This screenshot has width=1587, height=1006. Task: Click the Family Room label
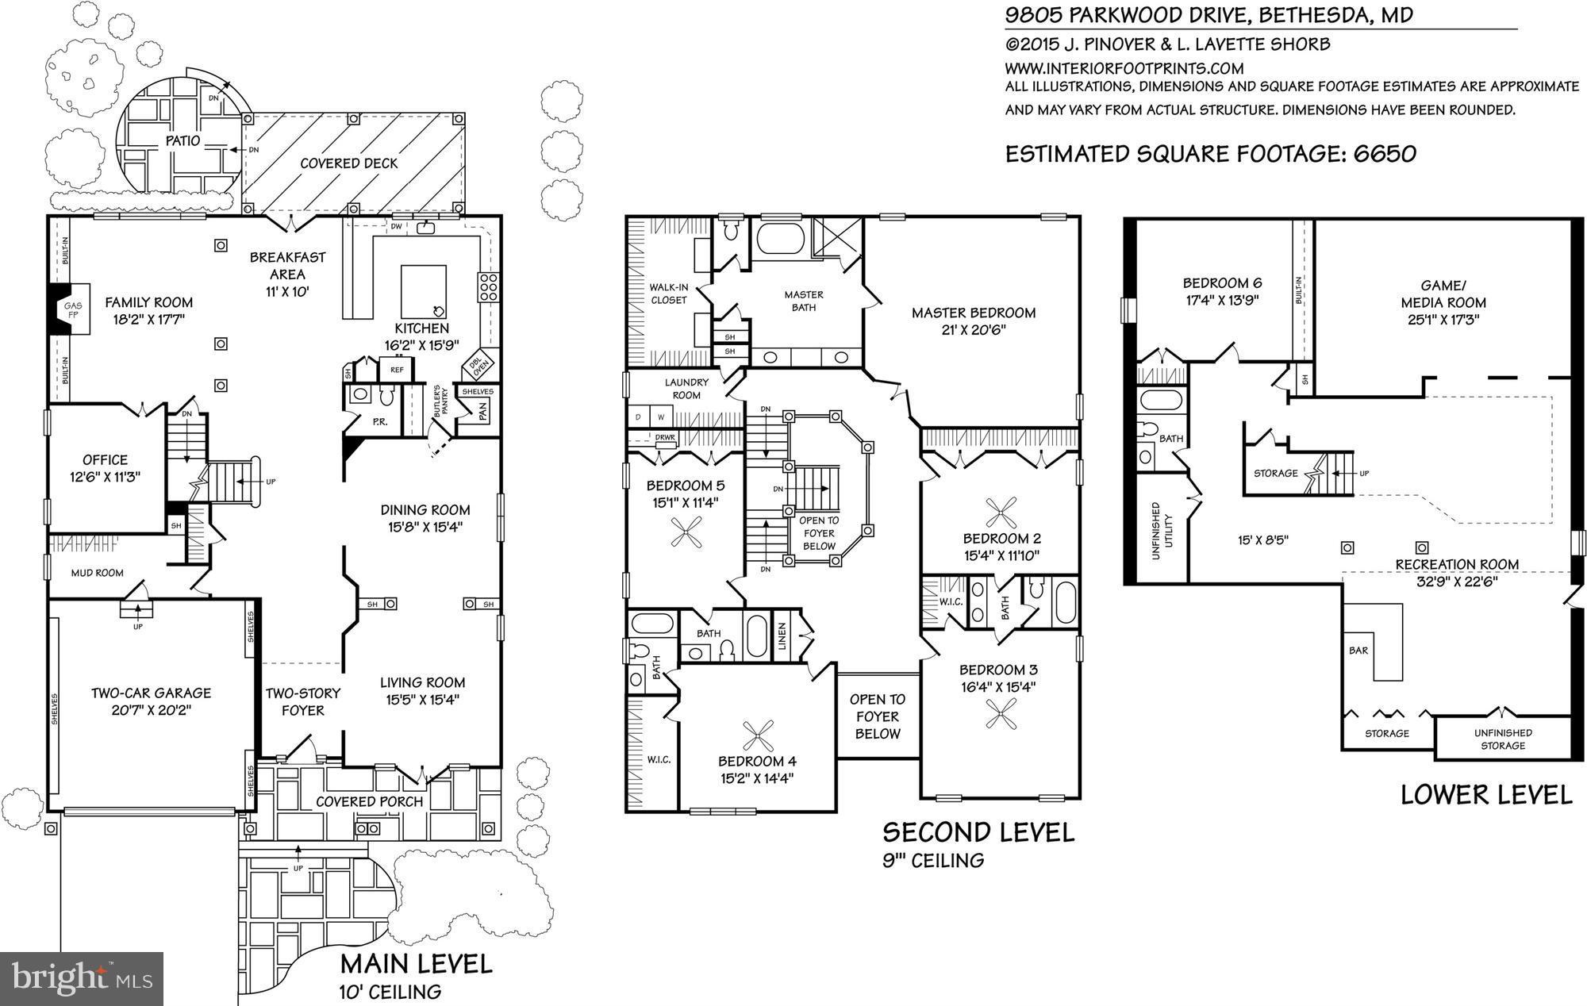[149, 302]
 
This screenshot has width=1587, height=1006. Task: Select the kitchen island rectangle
[423, 291]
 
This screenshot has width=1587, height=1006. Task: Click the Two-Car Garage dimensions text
[151, 710]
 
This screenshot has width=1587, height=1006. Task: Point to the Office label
[105, 459]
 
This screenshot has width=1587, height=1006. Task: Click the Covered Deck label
[349, 163]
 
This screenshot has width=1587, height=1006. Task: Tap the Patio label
[183, 141]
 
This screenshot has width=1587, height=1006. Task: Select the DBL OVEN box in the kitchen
[478, 365]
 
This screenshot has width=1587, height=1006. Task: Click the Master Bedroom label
[974, 313]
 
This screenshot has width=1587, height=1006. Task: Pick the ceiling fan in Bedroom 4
[756, 737]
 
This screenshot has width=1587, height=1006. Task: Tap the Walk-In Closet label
[669, 294]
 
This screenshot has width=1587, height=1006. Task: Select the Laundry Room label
[686, 389]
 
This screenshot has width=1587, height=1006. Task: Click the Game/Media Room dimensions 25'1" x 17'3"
[1443, 320]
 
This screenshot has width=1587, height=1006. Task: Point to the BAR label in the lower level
[1358, 651]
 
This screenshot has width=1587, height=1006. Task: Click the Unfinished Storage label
[1503, 739]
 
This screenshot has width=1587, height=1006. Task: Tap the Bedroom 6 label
[1222, 283]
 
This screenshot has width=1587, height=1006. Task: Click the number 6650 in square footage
[1384, 153]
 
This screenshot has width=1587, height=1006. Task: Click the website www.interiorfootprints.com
[1124, 68]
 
